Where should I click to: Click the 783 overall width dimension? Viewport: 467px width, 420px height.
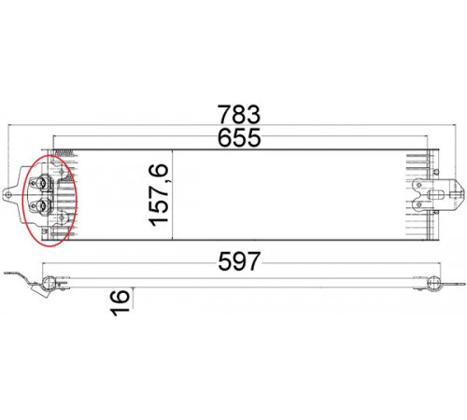click(238, 114)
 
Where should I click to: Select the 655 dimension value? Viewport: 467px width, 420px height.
click(239, 137)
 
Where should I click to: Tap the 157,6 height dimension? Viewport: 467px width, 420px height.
click(159, 195)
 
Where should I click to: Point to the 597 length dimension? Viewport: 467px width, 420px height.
click(238, 261)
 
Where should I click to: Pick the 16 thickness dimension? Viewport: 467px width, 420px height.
click(120, 302)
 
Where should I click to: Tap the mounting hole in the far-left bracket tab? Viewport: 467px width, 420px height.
click(8, 195)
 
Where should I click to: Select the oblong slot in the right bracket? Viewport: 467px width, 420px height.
click(436, 195)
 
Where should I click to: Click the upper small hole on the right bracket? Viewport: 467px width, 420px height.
click(419, 185)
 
